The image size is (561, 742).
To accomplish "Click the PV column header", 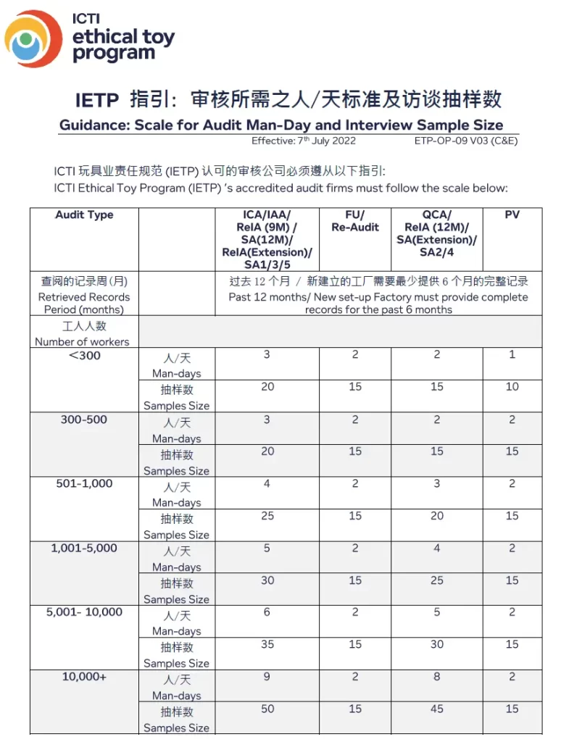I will click(x=512, y=215).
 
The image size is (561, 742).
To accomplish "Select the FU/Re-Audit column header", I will click(x=355, y=221).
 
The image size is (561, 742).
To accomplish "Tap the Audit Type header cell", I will click(x=84, y=215).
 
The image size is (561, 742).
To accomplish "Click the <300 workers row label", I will click(x=85, y=356).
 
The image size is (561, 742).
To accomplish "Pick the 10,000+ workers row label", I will click(x=84, y=677).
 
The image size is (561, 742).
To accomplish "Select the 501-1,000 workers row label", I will click(x=84, y=483).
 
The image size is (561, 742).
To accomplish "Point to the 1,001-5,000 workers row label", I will click(x=84, y=548).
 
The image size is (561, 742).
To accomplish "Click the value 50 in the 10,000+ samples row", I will click(x=267, y=709).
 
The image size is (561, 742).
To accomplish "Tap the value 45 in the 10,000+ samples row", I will click(x=436, y=709).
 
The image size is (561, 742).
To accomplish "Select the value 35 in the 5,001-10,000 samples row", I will click(x=267, y=644).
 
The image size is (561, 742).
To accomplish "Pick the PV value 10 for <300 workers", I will click(x=512, y=387).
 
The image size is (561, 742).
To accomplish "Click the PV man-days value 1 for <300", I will click(x=512, y=355).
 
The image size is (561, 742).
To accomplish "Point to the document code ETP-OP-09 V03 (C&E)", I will click(x=466, y=141).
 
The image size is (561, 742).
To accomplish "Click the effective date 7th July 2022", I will click(x=304, y=141).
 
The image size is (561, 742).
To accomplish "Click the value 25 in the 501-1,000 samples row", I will click(x=267, y=515).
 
